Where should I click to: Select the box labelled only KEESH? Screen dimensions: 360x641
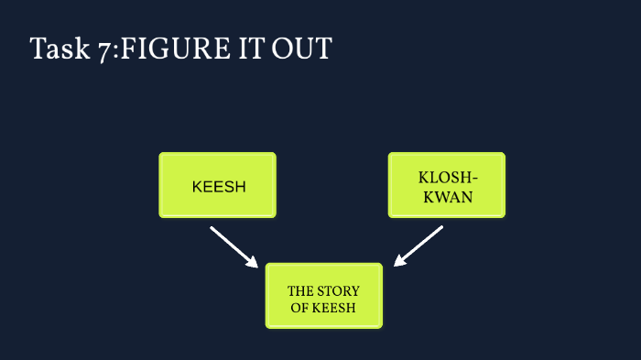tap(218, 185)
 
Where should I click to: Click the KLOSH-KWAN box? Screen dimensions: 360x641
tap(446, 185)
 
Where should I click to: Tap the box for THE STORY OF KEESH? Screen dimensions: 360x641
tap(323, 295)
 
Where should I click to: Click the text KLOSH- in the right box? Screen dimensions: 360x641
tap(447, 177)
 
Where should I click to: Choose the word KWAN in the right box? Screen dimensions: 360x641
tap(447, 195)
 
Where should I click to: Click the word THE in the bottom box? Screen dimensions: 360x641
tap(301, 291)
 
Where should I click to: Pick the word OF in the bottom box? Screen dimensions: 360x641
tap(299, 308)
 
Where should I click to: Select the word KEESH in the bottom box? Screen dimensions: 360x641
tap(333, 308)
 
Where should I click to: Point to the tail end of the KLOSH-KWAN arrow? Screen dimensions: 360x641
tap(440, 228)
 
